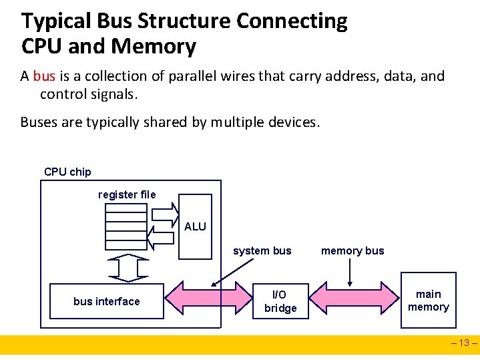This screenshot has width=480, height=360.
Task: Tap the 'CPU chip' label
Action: pos(67,172)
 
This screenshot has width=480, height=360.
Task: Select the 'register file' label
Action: pos(127,194)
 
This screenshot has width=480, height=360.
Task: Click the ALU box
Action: pos(195,226)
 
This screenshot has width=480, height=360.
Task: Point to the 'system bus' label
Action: pos(262,251)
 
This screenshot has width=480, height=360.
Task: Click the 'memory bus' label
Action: pos(352,251)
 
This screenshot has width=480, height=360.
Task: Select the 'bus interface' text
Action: pos(107,301)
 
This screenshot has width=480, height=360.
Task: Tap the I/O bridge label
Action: pos(280,301)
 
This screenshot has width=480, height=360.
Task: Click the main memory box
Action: pos(428,301)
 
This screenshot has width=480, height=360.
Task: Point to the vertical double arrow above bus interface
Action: pos(127,268)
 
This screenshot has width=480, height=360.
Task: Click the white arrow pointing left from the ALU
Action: pos(164,236)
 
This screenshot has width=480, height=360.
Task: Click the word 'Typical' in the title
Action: pos(56,21)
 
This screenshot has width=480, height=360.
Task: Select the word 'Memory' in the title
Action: pos(154,47)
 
